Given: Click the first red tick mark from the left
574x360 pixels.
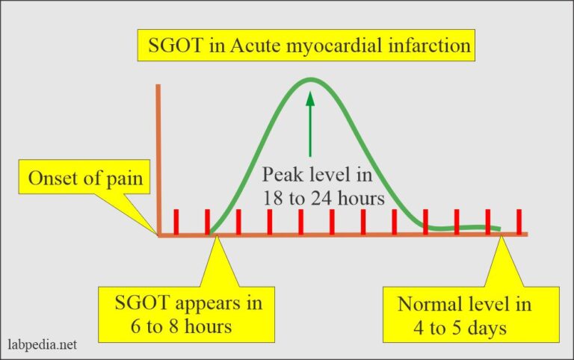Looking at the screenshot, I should (x=176, y=222).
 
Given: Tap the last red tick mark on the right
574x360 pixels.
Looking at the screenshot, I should (x=518, y=222).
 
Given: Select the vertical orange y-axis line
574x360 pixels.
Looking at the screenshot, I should (x=158, y=157).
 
